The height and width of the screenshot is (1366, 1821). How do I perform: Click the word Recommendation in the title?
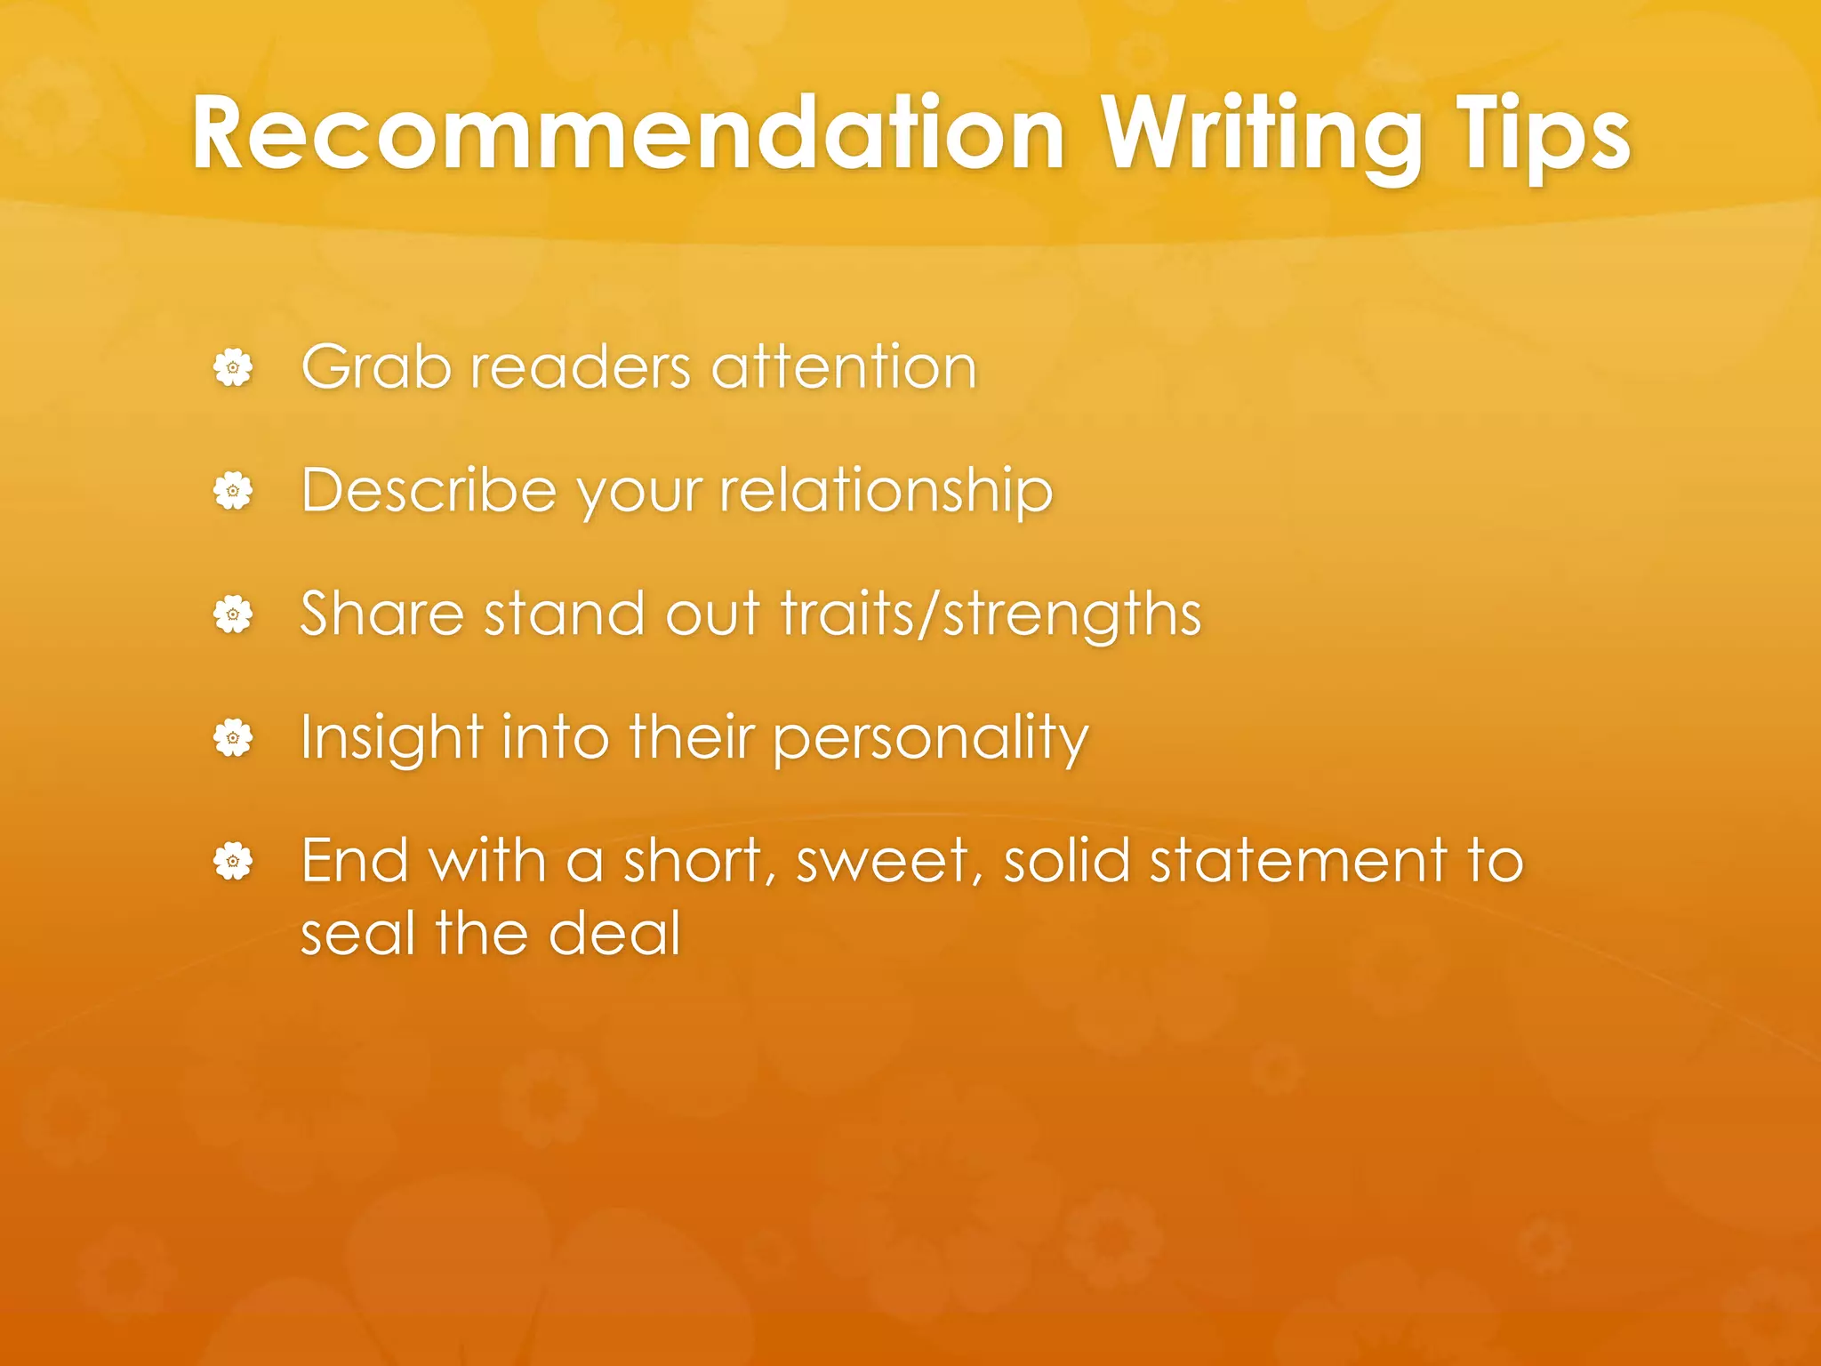[628, 135]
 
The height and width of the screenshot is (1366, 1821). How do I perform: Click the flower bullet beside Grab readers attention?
[233, 367]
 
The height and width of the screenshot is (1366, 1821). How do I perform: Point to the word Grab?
[376, 367]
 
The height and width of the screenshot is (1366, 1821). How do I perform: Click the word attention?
[844, 367]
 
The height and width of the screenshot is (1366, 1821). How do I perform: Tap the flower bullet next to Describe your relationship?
[233, 491]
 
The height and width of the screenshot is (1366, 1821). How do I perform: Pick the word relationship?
[886, 491]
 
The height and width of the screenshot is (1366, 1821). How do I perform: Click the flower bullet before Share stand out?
[233, 614]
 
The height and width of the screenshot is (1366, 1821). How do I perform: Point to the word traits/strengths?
[991, 614]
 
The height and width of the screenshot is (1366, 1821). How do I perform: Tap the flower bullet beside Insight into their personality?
[233, 737]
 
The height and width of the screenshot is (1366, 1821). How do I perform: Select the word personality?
[930, 737]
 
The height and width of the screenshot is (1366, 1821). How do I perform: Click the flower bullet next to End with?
[233, 861]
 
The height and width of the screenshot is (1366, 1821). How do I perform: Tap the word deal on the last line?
[615, 934]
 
